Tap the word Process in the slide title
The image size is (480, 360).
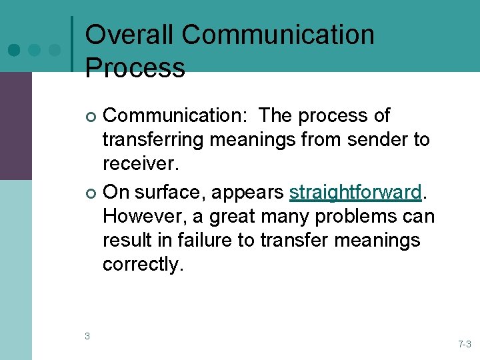(135, 67)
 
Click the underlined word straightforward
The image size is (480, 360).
(355, 192)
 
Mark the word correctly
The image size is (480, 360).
(141, 265)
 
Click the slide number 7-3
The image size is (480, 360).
(464, 344)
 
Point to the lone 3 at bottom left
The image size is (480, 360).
(87, 336)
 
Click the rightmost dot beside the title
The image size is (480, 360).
(55, 50)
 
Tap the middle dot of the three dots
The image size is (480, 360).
(35, 50)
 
